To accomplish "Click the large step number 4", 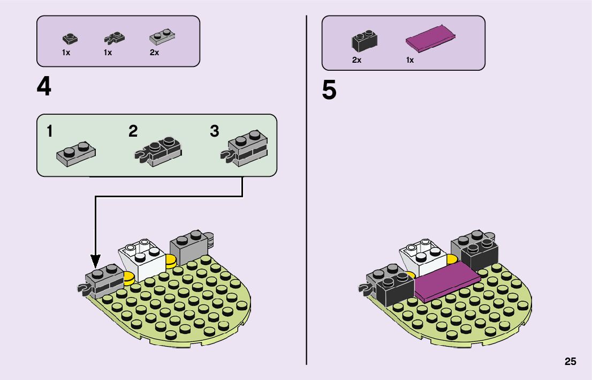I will point(44,87).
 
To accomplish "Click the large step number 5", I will point(329,91).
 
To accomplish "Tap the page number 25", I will point(570,361).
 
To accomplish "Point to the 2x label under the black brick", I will point(356,60).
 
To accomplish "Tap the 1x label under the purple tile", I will point(409,60).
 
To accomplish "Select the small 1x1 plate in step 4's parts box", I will point(69,38).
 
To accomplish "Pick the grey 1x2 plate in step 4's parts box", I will point(162,37).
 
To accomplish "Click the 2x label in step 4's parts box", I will point(154,53).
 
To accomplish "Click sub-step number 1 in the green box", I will point(49,131).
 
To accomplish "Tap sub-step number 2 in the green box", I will point(133,131).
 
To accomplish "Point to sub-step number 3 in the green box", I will point(214,131).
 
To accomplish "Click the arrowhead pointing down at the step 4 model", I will point(95,263).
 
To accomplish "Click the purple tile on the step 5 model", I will point(445,282).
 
